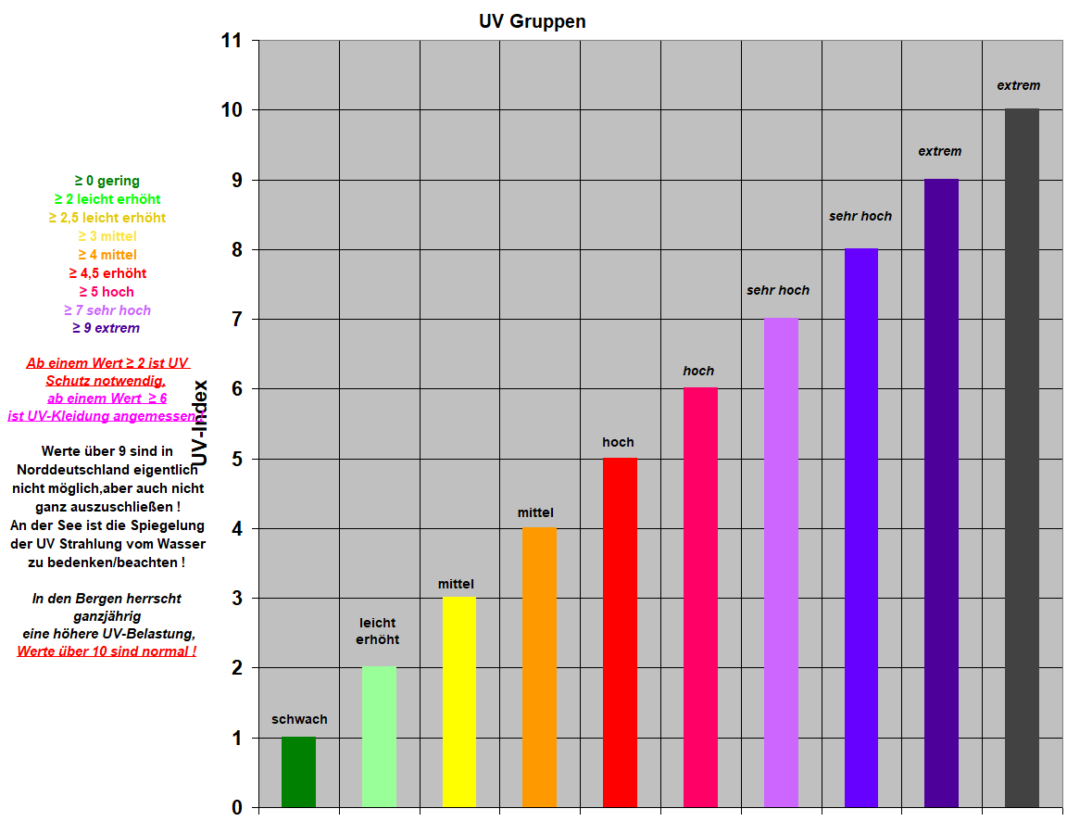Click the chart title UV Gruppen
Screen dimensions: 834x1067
[x=532, y=21]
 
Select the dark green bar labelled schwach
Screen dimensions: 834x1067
[x=298, y=772]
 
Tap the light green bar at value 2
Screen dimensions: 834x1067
[x=379, y=737]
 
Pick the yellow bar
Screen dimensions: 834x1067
[x=459, y=701]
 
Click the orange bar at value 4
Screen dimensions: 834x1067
[x=539, y=667]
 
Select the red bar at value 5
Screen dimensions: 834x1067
[x=620, y=632]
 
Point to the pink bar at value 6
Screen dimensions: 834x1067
[x=700, y=597]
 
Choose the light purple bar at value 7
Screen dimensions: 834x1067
[x=781, y=562]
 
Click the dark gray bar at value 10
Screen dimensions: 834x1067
[x=1022, y=458]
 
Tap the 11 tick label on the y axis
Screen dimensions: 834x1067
[x=232, y=41]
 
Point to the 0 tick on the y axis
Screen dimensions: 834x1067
[x=238, y=808]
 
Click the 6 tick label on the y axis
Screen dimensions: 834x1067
[x=238, y=389]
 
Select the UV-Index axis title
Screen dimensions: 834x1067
[x=200, y=423]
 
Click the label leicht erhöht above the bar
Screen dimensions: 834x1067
[x=378, y=631]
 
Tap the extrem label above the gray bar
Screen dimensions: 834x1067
[x=1018, y=85]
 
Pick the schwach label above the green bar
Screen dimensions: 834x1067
[x=299, y=719]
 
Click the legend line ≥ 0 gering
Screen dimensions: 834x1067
[x=107, y=181]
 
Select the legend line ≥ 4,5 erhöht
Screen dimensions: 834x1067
[x=107, y=273]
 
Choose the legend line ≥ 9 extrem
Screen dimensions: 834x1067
[x=107, y=328]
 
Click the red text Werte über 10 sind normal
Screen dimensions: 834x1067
[x=107, y=651]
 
